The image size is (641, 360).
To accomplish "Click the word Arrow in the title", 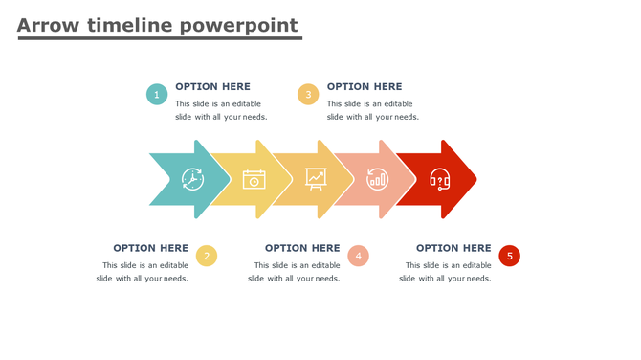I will (x=48, y=26).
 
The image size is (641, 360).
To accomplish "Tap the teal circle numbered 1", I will (x=157, y=94).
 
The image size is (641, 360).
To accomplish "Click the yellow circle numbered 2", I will (x=207, y=256).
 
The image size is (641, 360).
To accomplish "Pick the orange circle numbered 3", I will (x=308, y=94).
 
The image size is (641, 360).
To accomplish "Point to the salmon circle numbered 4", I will (x=358, y=256).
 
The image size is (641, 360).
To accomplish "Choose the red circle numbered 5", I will (x=509, y=256).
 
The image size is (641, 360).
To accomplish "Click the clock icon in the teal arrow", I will (x=192, y=179).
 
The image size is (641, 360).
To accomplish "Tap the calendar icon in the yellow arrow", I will (x=254, y=179).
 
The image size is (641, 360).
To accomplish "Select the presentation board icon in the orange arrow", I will (x=316, y=178).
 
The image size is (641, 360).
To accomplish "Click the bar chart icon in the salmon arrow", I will (x=378, y=179).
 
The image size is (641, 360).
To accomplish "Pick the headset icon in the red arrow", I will (x=439, y=179).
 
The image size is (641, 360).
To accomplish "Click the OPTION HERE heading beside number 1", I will (x=212, y=86).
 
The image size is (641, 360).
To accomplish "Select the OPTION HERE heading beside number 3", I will (x=365, y=86).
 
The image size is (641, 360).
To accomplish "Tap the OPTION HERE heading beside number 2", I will (x=150, y=248).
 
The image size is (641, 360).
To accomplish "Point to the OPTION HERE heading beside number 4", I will (x=302, y=248).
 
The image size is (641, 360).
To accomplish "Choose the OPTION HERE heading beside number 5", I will (x=453, y=248).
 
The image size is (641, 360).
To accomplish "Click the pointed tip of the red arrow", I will (x=474, y=179).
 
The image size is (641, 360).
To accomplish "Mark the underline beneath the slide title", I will (x=160, y=39).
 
